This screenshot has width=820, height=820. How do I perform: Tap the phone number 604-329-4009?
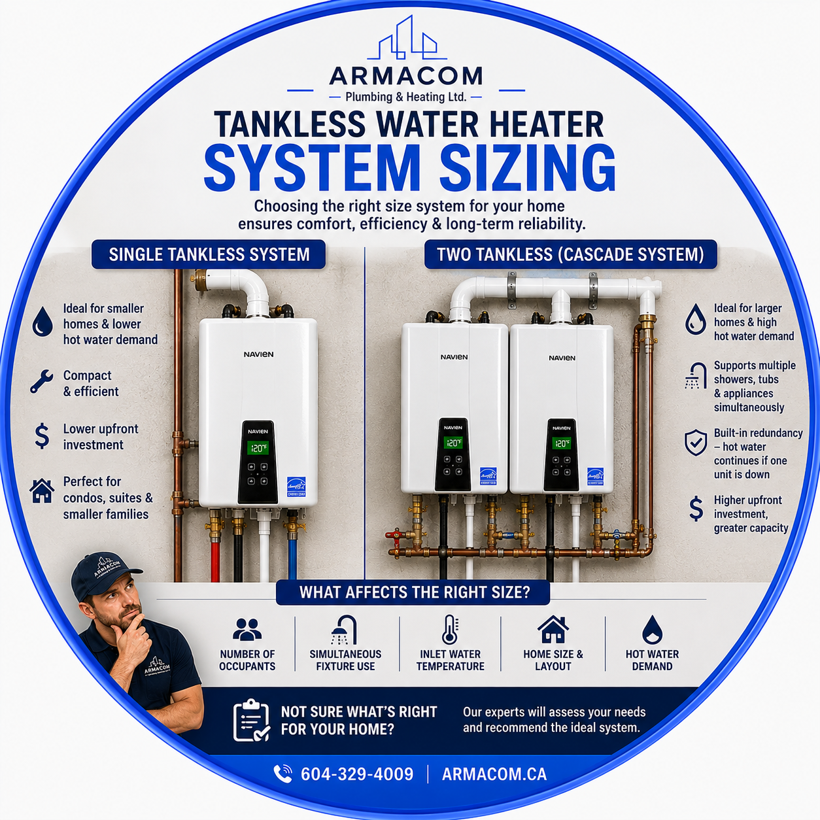(357, 774)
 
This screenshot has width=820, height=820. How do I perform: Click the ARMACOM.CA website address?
(494, 774)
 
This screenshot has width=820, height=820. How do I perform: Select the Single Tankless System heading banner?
(209, 254)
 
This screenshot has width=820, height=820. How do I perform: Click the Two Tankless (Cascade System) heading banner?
(571, 254)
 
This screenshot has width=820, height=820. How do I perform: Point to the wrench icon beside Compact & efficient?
(42, 381)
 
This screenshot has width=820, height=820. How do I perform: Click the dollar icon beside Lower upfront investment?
(42, 437)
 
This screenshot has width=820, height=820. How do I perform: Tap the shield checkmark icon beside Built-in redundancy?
(696, 443)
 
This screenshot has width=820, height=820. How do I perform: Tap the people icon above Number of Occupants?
(247, 629)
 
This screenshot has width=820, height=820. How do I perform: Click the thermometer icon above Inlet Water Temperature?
(449, 630)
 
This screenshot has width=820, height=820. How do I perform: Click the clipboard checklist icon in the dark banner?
(251, 721)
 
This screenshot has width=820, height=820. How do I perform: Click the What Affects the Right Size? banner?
(413, 592)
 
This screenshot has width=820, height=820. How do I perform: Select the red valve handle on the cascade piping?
(394, 535)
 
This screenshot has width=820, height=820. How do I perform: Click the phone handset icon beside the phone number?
(282, 774)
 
